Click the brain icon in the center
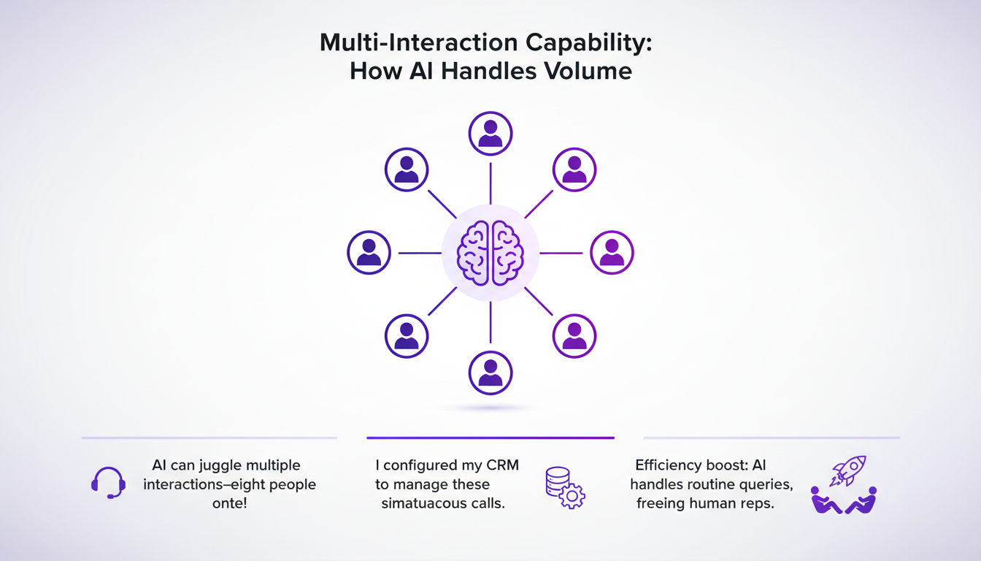(x=490, y=253)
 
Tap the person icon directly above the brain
(x=490, y=134)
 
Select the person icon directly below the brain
(x=490, y=373)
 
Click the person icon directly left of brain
(x=369, y=253)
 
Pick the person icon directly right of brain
(x=612, y=253)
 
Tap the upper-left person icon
(x=407, y=169)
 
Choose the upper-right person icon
(x=575, y=169)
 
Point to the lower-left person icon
(x=407, y=336)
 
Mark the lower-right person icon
(x=575, y=336)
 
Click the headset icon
(x=108, y=483)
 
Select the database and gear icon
(x=565, y=489)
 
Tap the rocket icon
(x=850, y=470)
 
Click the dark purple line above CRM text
(x=490, y=438)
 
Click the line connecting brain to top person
(x=490, y=183)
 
